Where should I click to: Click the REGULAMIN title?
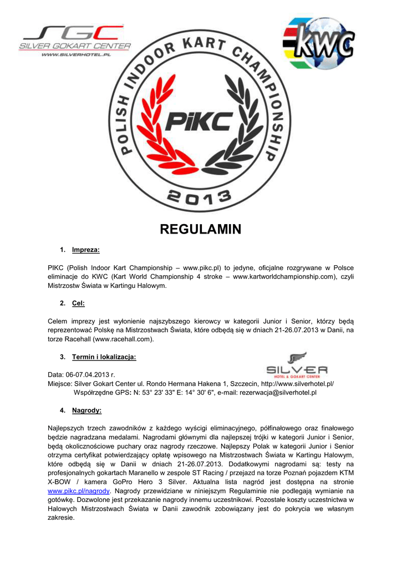[201, 229]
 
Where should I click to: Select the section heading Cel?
[78, 303]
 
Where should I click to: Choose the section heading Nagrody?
[86, 410]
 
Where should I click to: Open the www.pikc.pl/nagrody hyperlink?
[79, 491]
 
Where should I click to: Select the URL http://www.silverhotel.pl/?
[297, 383]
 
